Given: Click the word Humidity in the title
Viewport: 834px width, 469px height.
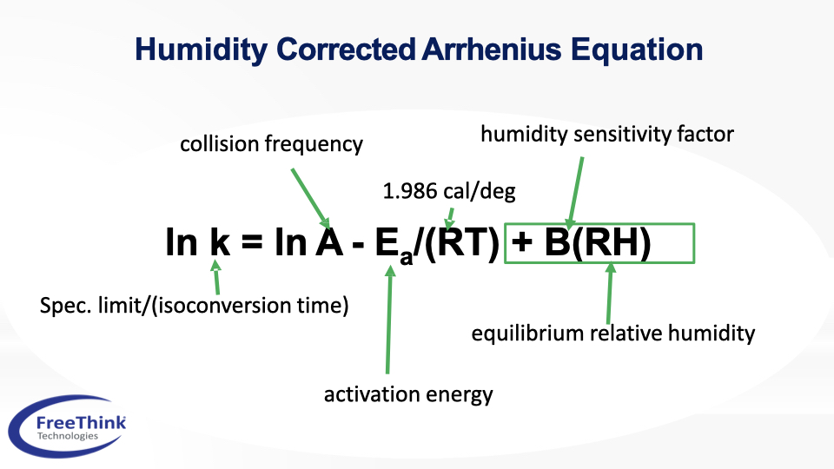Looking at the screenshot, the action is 201,50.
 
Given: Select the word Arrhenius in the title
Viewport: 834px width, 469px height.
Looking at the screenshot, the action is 492,49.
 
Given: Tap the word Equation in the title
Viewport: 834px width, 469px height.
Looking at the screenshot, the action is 637,50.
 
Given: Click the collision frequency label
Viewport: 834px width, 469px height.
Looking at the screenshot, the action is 271,144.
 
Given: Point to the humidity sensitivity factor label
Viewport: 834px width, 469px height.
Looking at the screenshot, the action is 607,134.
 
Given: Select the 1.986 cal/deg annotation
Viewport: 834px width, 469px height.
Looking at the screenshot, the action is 449,191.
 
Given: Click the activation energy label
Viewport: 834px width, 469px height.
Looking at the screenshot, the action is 408,394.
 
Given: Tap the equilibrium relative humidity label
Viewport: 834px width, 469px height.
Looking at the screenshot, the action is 612,334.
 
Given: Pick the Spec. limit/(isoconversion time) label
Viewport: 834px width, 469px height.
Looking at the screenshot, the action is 194,305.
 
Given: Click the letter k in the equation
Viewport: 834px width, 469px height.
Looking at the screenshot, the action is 220,242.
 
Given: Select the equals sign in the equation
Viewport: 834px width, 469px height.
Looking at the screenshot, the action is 252,242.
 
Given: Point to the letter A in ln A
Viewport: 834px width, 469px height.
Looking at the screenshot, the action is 329,242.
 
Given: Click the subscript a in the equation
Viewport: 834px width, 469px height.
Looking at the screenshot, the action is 406,257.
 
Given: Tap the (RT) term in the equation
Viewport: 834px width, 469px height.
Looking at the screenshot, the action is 462,243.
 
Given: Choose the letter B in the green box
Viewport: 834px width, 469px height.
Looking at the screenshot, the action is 557,242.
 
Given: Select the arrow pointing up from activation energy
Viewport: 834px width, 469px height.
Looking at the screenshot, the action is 389,319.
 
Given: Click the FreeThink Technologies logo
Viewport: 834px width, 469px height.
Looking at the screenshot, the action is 67,426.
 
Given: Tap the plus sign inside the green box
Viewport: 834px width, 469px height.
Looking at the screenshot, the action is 522,242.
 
